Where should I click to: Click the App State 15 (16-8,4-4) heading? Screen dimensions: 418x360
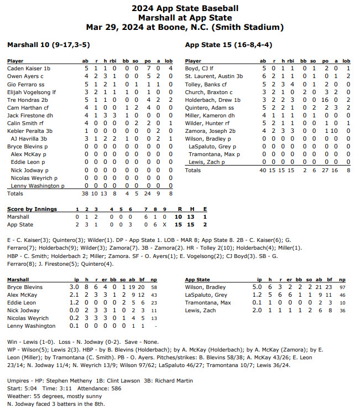point(228,44)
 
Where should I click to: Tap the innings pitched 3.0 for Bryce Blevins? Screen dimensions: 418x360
point(74,288)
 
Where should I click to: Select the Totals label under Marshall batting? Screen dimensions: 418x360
point(15,193)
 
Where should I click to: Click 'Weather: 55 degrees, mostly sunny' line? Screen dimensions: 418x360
point(47,397)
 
